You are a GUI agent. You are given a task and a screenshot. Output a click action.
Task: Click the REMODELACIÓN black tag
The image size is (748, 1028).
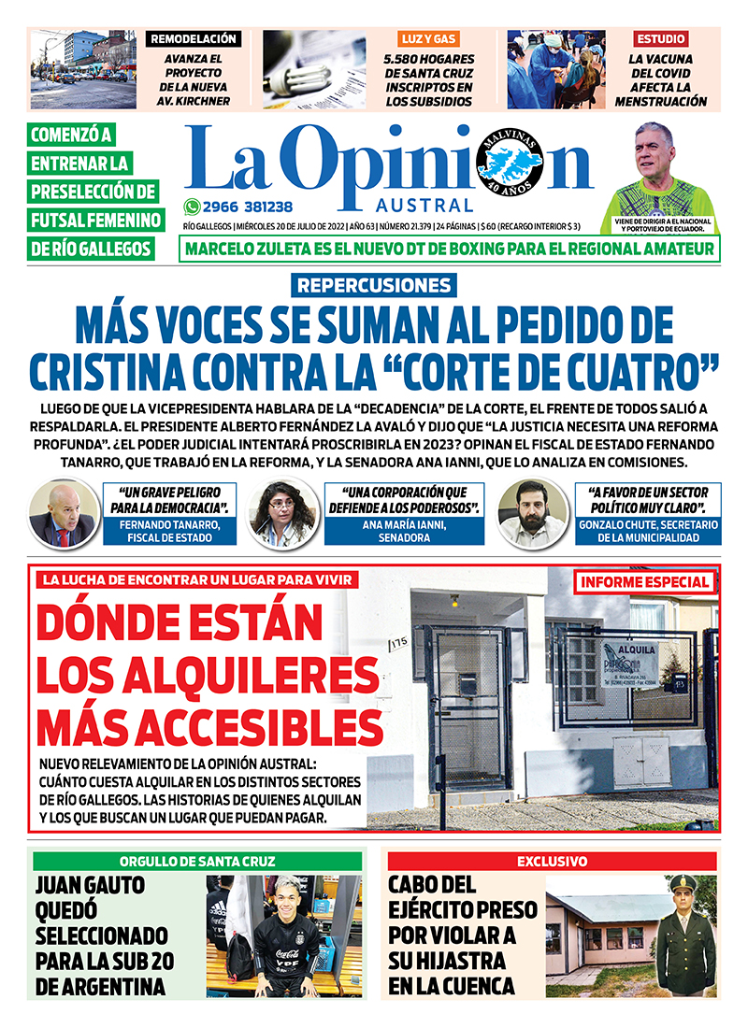click(194, 39)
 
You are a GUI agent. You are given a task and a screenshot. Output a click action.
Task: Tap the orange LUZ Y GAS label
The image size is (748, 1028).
click(428, 39)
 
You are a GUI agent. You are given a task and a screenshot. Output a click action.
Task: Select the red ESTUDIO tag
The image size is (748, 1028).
click(661, 39)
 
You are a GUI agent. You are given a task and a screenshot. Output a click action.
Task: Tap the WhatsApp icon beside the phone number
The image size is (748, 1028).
click(192, 207)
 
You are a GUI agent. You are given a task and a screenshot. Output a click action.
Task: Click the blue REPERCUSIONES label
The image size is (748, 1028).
click(374, 286)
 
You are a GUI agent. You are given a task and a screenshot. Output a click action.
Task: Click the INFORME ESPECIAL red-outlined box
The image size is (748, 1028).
click(645, 582)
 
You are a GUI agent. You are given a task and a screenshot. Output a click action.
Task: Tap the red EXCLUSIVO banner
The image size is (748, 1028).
click(552, 861)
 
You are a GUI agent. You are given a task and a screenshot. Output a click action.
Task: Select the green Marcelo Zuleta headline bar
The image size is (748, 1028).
click(450, 250)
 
